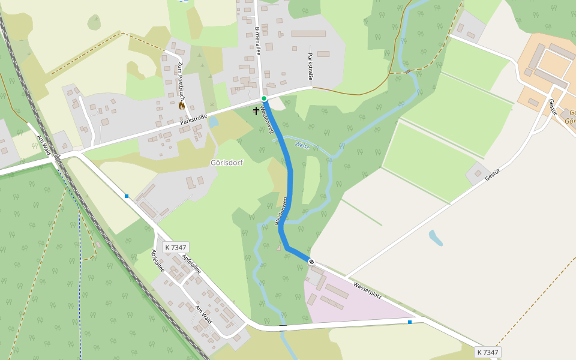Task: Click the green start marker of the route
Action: click(263, 98)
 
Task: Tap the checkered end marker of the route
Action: click(311, 261)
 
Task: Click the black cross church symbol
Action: click(256, 110)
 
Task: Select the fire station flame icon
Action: click(182, 105)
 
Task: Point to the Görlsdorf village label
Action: click(227, 163)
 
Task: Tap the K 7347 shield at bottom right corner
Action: click(488, 352)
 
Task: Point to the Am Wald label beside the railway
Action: click(43, 145)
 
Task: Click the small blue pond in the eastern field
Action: click(436, 238)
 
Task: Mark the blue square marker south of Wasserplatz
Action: click(410, 322)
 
